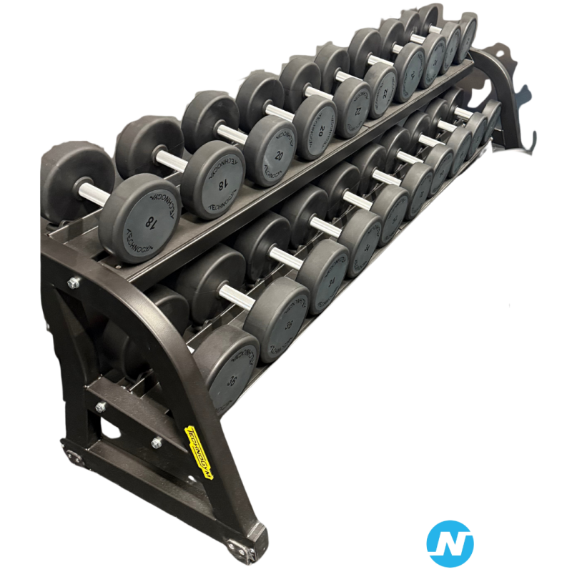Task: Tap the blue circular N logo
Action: click(449, 543)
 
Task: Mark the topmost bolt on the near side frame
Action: click(73, 284)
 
